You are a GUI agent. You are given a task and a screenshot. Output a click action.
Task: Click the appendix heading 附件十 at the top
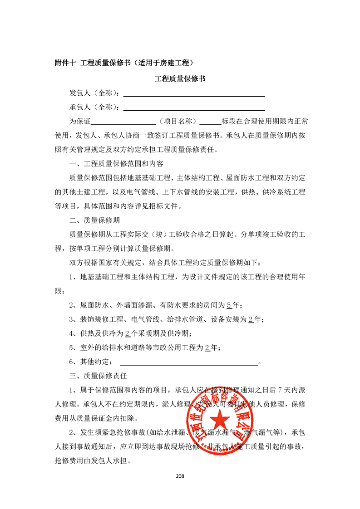pos(65,63)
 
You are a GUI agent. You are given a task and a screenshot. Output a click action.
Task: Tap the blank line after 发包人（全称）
pos(194,94)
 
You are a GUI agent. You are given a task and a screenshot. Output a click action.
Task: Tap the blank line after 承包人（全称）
pos(194,108)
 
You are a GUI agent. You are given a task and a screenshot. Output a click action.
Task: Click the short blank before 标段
pos(209,122)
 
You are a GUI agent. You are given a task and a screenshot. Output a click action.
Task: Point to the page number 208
pos(180,476)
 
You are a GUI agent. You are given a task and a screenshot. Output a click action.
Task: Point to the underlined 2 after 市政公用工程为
pos(207,348)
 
